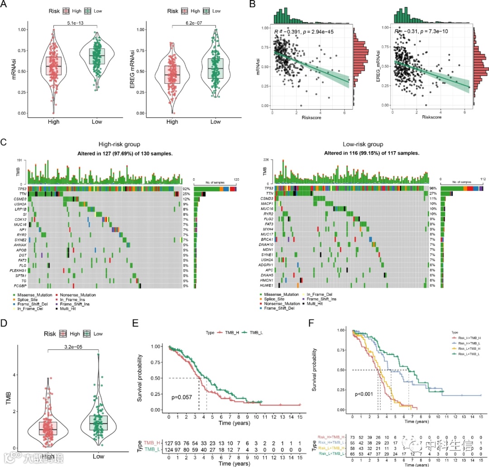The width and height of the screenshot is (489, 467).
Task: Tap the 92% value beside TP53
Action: pyautogui.click(x=185, y=188)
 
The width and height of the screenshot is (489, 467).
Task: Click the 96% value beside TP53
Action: pyautogui.click(x=432, y=188)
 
